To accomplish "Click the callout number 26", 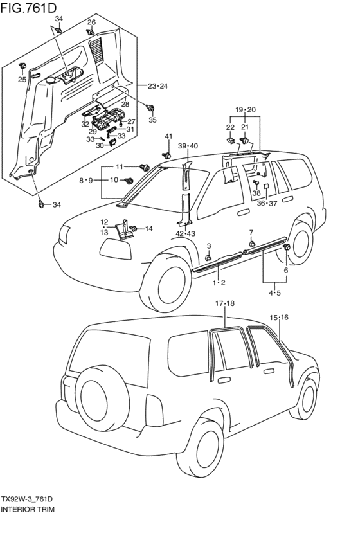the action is (x=91, y=22).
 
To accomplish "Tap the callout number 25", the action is (x=22, y=80).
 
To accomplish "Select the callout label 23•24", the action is (x=157, y=86).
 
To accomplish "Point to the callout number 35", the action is (x=153, y=120).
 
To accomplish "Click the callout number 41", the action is (x=168, y=136).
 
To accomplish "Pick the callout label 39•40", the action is (x=188, y=146).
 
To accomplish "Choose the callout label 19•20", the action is (x=245, y=109).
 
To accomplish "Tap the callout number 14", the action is (x=149, y=229).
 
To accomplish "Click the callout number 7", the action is (x=251, y=232).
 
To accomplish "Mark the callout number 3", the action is (x=209, y=246).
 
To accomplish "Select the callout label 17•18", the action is (x=224, y=303).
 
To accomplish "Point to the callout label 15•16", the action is (x=279, y=318).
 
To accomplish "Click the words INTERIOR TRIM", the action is (x=28, y=509).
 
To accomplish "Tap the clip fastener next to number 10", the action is (x=129, y=181).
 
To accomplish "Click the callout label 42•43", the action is (x=186, y=234).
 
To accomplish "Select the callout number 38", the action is (x=256, y=193).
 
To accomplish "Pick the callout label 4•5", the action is (x=275, y=293).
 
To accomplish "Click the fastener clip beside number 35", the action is (x=150, y=108).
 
